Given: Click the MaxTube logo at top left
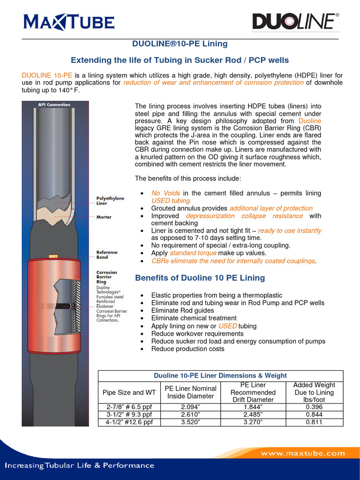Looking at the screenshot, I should click(x=68, y=22).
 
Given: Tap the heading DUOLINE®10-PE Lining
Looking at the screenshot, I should click(x=180, y=44).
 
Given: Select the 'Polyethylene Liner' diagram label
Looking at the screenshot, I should click(x=110, y=201).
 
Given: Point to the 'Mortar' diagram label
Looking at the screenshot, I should click(x=104, y=217).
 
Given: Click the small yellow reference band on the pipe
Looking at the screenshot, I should click(x=52, y=256).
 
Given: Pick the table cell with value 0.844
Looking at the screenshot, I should click(x=314, y=414).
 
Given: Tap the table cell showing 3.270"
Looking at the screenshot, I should click(x=253, y=422).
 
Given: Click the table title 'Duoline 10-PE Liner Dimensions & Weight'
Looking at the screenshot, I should click(x=220, y=375).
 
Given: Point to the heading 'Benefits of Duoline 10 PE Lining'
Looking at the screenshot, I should click(x=200, y=278).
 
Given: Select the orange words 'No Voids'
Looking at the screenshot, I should click(x=165, y=193).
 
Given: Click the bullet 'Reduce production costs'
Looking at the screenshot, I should click(x=187, y=349).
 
